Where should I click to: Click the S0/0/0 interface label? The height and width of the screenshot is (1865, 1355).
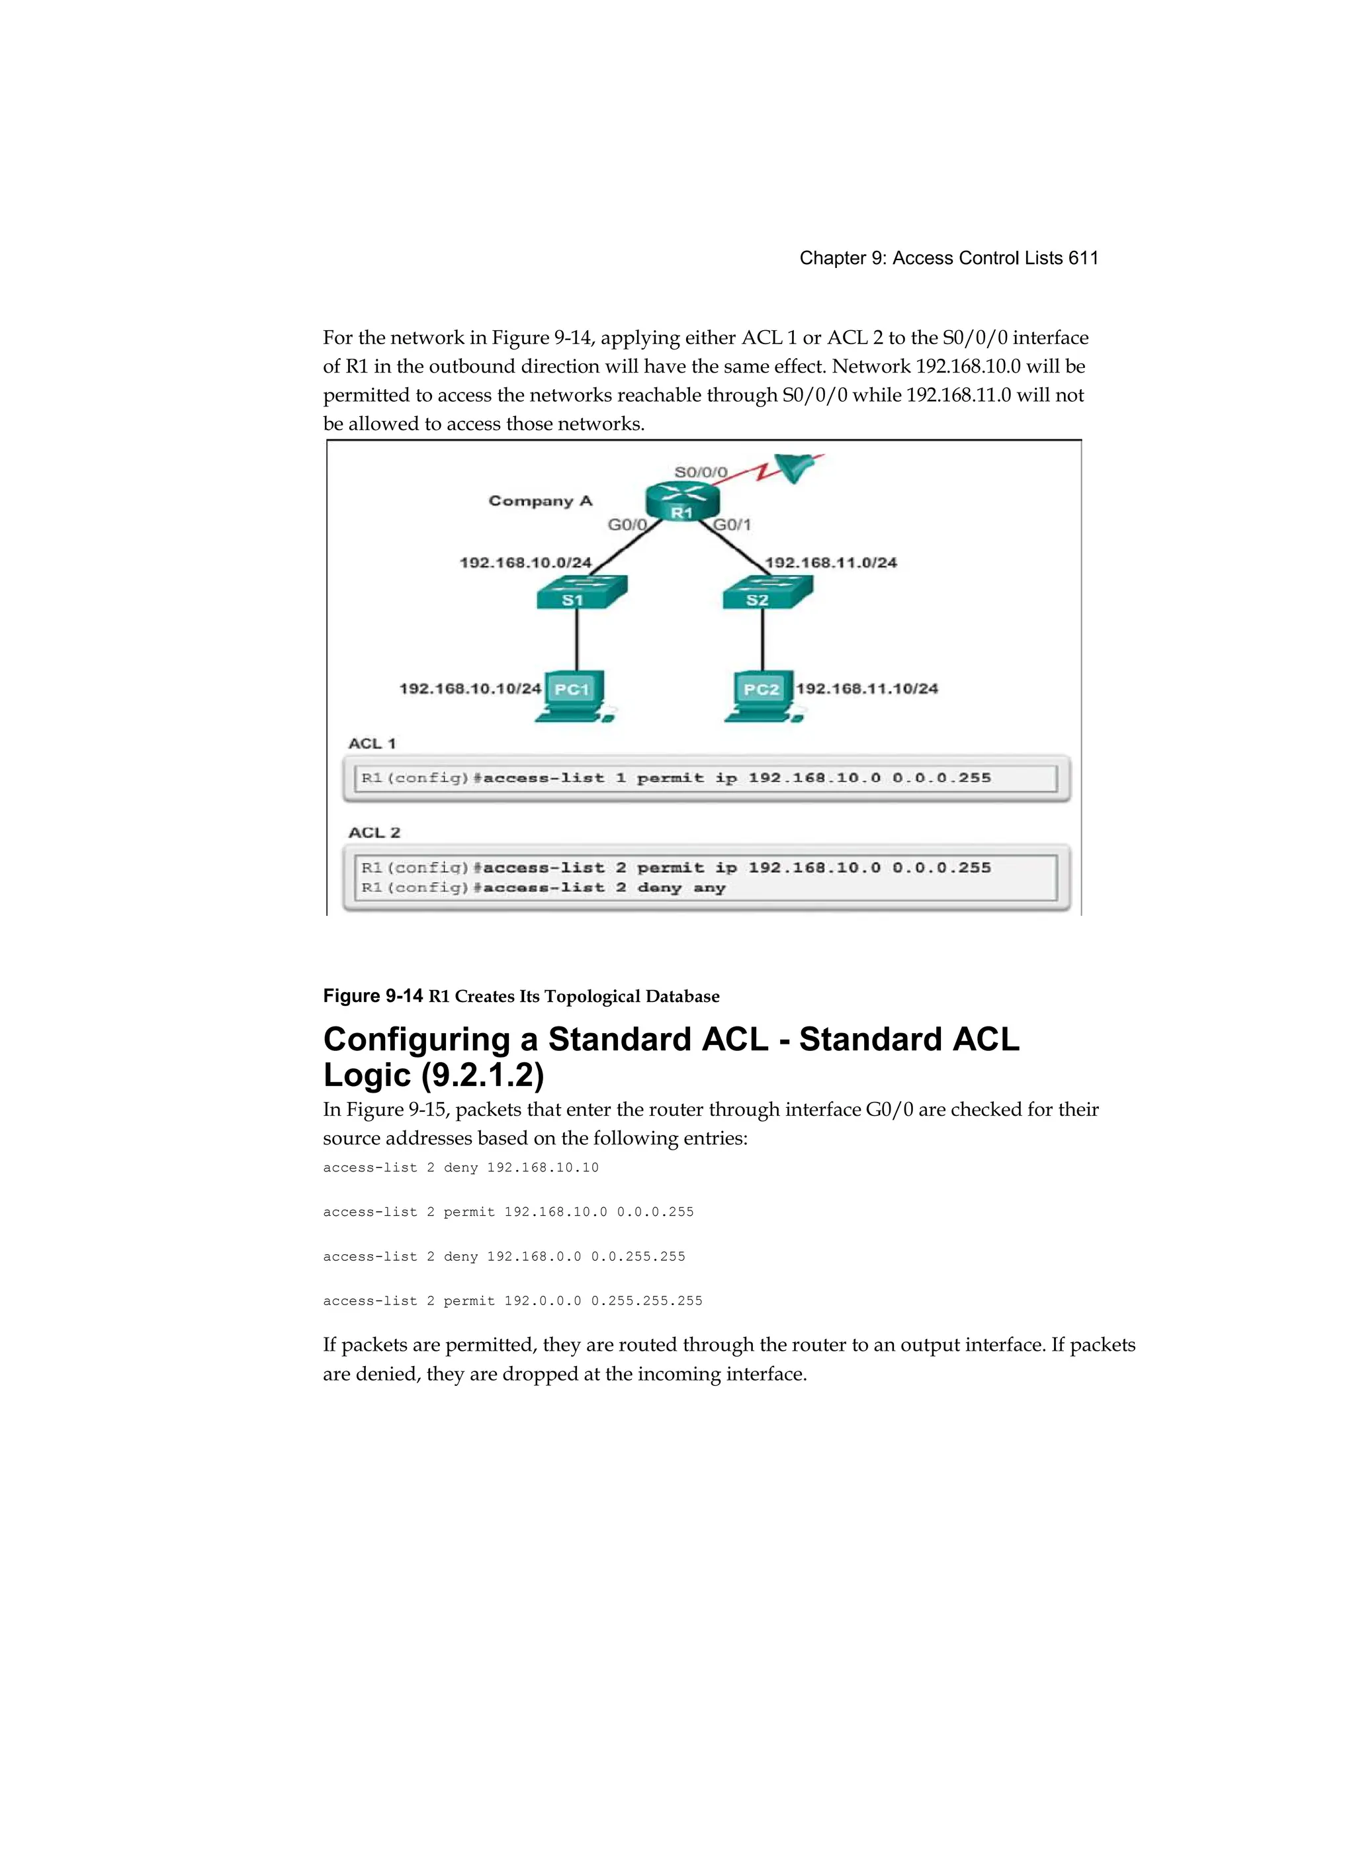click(x=701, y=472)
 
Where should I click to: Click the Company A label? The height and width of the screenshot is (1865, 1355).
click(x=540, y=501)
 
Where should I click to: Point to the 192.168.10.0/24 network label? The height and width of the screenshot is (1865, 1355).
click(x=525, y=563)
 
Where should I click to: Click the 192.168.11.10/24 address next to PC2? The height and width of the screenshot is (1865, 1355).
click(x=867, y=688)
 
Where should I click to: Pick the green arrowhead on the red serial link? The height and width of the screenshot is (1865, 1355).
click(x=794, y=467)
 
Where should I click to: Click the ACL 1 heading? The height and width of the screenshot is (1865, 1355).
click(x=372, y=743)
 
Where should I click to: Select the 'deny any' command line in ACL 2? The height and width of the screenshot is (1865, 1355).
click(x=543, y=888)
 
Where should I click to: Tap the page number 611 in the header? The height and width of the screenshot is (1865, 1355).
click(x=1083, y=258)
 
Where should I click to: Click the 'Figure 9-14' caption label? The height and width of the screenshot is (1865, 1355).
click(x=373, y=996)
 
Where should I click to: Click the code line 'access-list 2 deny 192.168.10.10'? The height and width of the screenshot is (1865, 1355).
click(x=460, y=1167)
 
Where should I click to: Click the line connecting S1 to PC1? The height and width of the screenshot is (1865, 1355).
click(x=576, y=640)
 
